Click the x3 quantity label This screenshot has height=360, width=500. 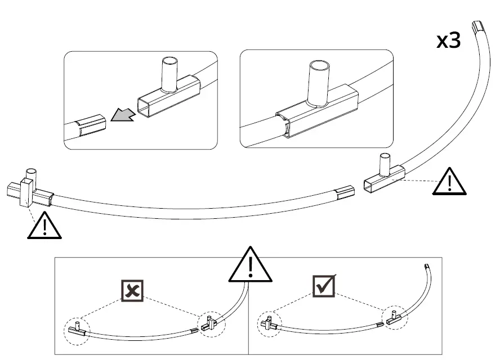pos(449,40)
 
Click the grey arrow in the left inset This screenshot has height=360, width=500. pos(123,115)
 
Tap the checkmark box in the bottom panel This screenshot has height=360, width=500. pos(324,286)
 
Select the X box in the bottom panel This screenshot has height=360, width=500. pos(133,290)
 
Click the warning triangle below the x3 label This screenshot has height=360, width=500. pos(450,181)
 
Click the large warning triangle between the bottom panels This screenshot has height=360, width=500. pos(251,265)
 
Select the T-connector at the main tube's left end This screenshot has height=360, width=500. pos(28,191)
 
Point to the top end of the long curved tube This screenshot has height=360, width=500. pos(479,26)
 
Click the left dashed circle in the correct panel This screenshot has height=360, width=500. pos(269,324)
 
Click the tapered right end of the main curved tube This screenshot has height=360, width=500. pos(345,193)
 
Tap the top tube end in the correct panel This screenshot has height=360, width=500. pos(426,266)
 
